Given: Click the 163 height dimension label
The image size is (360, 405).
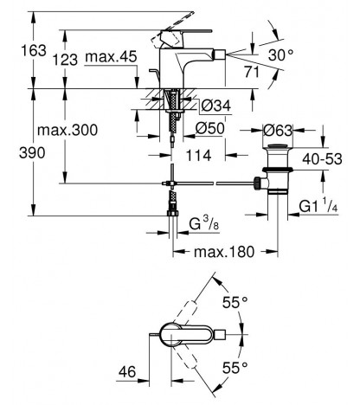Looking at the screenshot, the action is pyautogui.click(x=34, y=51).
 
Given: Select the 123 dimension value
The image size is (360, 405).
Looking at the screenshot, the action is pyautogui.click(x=65, y=60).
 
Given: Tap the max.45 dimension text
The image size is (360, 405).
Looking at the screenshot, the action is pyautogui.click(x=111, y=57).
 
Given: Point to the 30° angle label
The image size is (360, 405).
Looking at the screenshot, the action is pyautogui.click(x=281, y=55).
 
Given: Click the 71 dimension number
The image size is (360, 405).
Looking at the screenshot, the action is pyautogui.click(x=252, y=72).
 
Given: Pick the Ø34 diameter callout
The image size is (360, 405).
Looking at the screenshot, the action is pyautogui.click(x=216, y=106).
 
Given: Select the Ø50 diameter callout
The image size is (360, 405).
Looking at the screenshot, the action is pyautogui.click(x=209, y=128).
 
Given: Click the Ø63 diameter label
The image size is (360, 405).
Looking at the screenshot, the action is pyautogui.click(x=278, y=131).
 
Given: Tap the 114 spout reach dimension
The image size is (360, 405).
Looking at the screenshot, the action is pyautogui.click(x=198, y=156).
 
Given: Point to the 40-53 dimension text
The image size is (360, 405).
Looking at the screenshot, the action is pyautogui.click(x=322, y=159).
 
